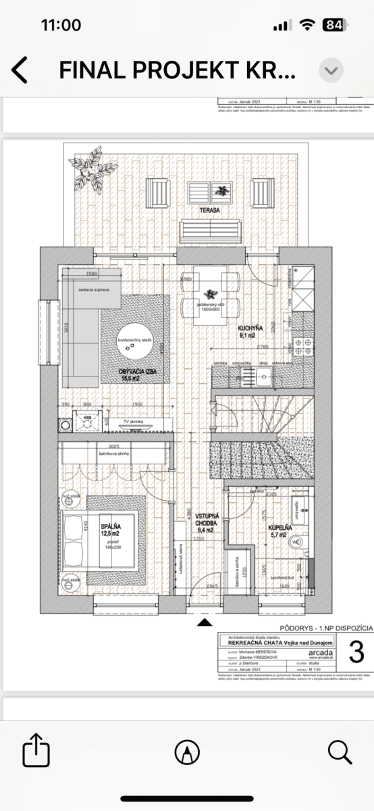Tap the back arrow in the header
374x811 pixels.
(20, 70)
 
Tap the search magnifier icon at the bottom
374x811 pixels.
(339, 751)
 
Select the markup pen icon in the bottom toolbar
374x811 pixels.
(187, 751)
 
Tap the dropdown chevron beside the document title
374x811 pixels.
(331, 70)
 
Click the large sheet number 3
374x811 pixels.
(356, 652)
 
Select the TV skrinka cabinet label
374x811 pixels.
(135, 420)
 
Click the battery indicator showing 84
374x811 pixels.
(332, 26)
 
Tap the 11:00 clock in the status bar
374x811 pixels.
(61, 26)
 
